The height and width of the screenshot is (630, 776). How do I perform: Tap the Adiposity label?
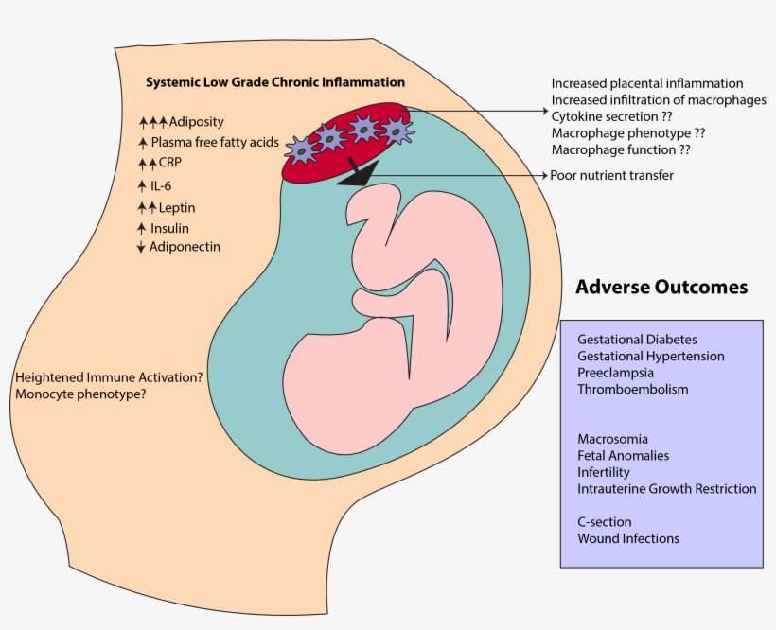coord(196,122)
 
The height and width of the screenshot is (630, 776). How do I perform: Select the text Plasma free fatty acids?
coord(215,143)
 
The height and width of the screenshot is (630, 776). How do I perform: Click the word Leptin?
coord(177,207)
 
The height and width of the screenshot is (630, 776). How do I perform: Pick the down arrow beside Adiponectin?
coord(141,248)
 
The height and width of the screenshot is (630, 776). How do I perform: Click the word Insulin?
coord(169,228)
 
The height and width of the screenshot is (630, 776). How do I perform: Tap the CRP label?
coord(169,163)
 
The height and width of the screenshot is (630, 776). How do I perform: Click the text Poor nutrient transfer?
coord(611,175)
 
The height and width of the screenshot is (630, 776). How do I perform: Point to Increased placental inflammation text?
coord(646,83)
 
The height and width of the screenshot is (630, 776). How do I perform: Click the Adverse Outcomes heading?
coord(661,287)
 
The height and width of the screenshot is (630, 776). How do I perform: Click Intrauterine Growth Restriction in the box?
coord(666,489)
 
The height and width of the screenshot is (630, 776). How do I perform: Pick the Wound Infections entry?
coord(627,538)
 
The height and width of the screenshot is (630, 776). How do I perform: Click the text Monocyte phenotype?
coord(80,394)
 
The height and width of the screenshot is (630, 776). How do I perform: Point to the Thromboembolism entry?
coord(632,389)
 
